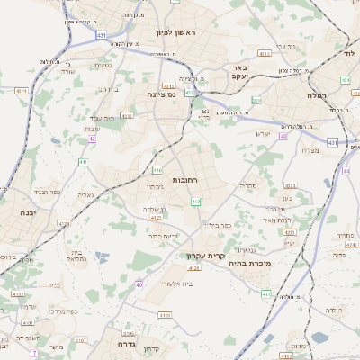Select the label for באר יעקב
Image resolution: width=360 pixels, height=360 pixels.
click(238, 72)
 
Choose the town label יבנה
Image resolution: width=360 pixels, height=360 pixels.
click(26, 213)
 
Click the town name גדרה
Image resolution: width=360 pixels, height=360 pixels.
click(125, 343)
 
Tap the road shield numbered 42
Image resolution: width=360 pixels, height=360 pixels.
click(93, 139)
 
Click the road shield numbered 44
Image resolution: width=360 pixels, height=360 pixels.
click(346, 169)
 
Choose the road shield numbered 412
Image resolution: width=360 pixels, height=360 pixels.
click(195, 202)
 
